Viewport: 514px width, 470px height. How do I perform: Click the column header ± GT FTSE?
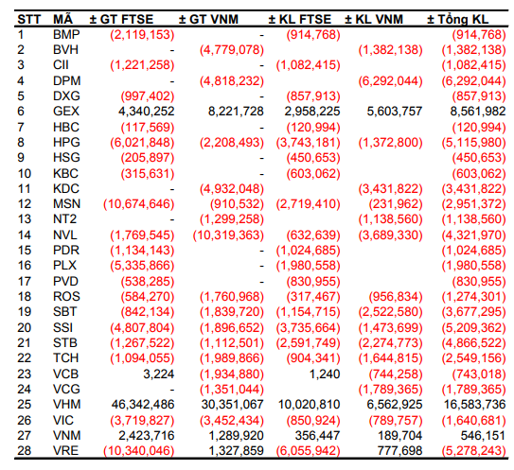pyautogui.click(x=121, y=19)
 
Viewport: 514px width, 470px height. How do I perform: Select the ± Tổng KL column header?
pyautogui.click(x=457, y=19)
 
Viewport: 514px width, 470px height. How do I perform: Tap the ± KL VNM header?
pyautogui.click(x=374, y=19)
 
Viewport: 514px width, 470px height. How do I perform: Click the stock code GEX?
pyautogui.click(x=66, y=112)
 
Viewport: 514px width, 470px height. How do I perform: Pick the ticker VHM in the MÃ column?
pyautogui.click(x=67, y=405)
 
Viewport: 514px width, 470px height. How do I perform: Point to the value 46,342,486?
pyautogui.click(x=143, y=405)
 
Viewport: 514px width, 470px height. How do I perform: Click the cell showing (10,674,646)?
pyautogui.click(x=138, y=204)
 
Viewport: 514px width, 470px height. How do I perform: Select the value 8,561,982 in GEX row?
pyautogui.click(x=478, y=112)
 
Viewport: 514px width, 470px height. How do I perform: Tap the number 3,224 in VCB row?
pyautogui.click(x=159, y=374)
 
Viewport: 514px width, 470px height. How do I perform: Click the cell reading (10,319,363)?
pyautogui.click(x=228, y=235)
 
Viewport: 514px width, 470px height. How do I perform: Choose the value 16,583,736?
pyautogui.click(x=474, y=405)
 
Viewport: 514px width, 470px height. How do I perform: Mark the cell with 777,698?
pyautogui.click(x=399, y=451)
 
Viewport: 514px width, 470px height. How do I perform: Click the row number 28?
pyautogui.click(x=25, y=451)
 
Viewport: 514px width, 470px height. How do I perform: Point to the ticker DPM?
pyautogui.click(x=67, y=81)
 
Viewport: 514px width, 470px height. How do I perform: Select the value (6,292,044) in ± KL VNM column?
pyautogui.click(x=390, y=81)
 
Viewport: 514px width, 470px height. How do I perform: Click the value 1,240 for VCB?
pyautogui.click(x=325, y=374)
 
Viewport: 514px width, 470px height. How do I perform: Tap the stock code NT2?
pyautogui.click(x=65, y=218)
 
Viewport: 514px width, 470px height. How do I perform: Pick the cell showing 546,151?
pyautogui.click(x=483, y=436)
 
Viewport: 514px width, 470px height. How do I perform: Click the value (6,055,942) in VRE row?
pyautogui.click(x=309, y=451)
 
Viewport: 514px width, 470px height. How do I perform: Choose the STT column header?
pyautogui.click(x=28, y=19)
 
